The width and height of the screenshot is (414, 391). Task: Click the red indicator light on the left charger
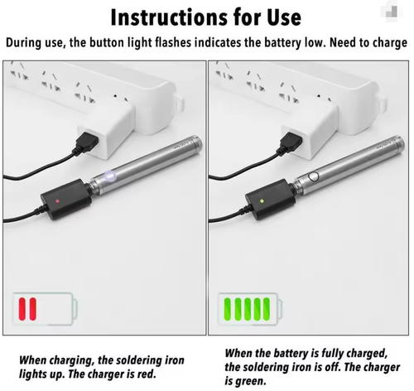click(x=55, y=201)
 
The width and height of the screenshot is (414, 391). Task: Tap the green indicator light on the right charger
click(x=258, y=200)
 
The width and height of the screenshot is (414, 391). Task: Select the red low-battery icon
click(x=30, y=309)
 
